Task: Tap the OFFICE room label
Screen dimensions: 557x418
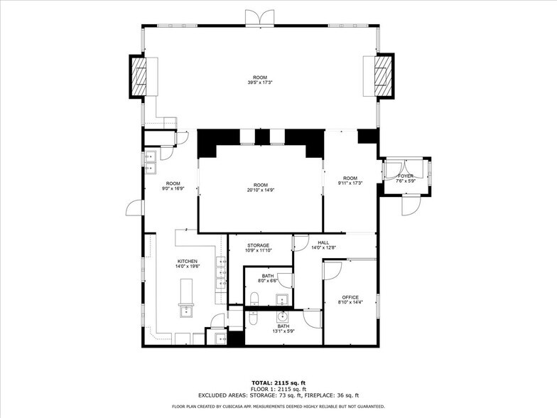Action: point(350,297)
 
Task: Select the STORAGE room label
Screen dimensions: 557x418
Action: point(259,245)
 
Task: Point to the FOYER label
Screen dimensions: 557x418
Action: point(405,176)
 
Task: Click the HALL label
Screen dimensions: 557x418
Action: point(323,243)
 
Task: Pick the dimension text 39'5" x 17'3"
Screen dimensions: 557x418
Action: point(260,82)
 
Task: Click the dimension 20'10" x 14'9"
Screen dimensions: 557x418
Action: point(261,190)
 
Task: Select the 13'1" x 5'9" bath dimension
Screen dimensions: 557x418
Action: point(283,331)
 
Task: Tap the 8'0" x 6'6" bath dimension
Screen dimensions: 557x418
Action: point(268,280)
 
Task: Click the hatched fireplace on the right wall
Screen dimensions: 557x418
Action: point(384,75)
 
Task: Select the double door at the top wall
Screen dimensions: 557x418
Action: point(260,17)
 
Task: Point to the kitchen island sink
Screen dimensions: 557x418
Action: point(186,311)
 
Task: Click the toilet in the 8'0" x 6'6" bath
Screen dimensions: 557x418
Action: point(254,299)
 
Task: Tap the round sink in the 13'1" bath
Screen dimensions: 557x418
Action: point(283,316)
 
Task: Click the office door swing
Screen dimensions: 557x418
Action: point(332,270)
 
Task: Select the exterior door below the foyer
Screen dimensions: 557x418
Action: point(411,205)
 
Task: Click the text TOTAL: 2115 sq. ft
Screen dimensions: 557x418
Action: point(278,382)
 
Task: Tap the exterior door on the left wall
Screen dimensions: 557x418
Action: point(134,208)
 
